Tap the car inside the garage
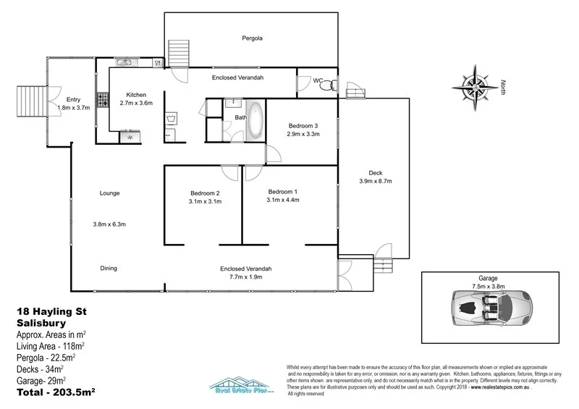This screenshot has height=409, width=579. (x=492, y=308)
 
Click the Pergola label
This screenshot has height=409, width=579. (x=252, y=37)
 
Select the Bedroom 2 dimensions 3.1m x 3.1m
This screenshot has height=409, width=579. (x=205, y=202)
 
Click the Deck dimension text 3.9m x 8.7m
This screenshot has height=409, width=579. (x=375, y=182)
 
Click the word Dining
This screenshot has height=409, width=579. (x=108, y=269)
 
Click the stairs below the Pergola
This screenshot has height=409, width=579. (x=179, y=54)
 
